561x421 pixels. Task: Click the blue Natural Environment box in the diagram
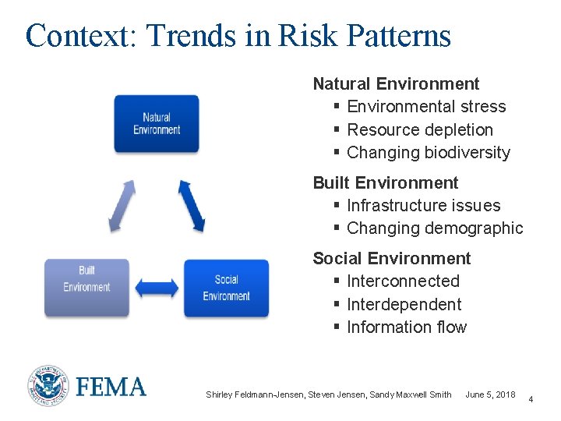click(157, 123)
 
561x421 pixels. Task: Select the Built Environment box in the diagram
click(86, 288)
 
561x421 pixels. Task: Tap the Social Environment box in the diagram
click(226, 288)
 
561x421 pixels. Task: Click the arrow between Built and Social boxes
click(157, 287)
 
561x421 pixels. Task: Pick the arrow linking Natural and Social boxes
click(192, 206)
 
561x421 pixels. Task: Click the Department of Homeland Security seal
click(48, 386)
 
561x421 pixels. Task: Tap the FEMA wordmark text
click(111, 387)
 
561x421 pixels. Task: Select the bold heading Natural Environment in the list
click(396, 83)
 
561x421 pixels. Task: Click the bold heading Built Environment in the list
click(386, 182)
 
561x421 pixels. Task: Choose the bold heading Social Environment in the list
click(392, 258)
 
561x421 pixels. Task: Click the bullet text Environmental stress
click(426, 107)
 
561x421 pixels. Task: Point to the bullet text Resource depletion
click(420, 129)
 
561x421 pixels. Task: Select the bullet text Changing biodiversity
click(429, 153)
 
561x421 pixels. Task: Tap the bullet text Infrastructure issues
click(424, 205)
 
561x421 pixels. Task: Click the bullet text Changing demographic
click(435, 228)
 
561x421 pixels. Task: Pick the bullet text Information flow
click(407, 327)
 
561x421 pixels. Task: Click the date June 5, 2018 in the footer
click(490, 394)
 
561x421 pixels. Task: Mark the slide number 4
click(531, 399)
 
